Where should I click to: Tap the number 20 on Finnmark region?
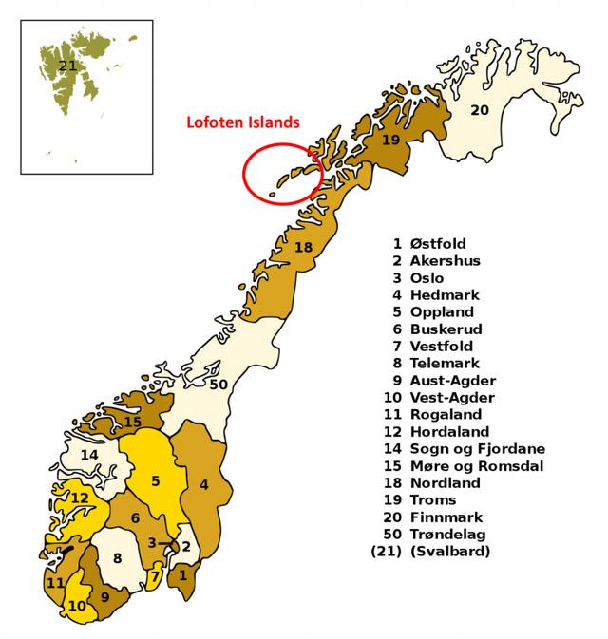point(480,110)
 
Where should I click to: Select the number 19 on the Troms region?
point(389,141)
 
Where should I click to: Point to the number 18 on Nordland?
point(303,248)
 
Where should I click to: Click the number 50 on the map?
point(219,385)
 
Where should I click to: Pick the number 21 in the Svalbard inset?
point(66,66)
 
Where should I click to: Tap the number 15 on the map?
point(133,422)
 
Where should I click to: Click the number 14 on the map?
point(89,456)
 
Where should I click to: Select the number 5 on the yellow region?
point(156,480)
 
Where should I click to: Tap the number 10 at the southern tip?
point(76,605)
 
